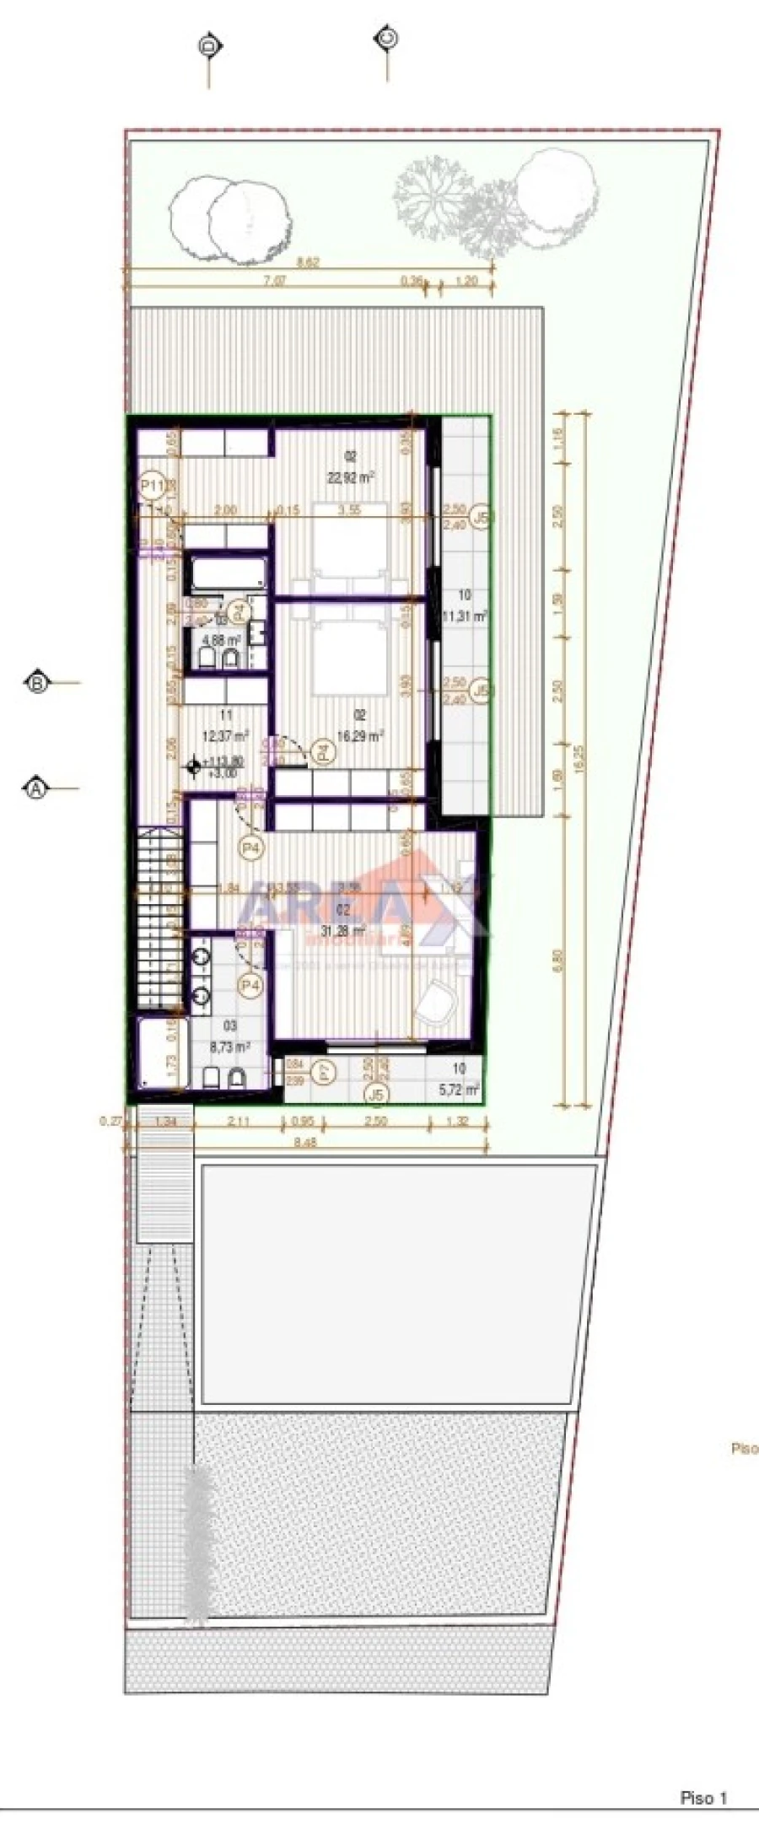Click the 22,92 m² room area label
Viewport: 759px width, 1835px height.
pyautogui.click(x=352, y=476)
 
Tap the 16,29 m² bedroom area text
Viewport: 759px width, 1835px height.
pyautogui.click(x=361, y=735)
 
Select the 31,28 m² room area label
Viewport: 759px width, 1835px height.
pyautogui.click(x=343, y=930)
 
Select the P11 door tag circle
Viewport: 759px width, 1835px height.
pyautogui.click(x=152, y=485)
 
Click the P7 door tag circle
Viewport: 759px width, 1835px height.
pyautogui.click(x=324, y=1073)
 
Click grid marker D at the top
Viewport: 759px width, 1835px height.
pyautogui.click(x=207, y=46)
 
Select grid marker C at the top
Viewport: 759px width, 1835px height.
pyautogui.click(x=387, y=38)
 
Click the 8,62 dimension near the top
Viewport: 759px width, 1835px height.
pyautogui.click(x=309, y=262)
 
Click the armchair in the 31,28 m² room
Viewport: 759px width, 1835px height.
pyautogui.click(x=436, y=1003)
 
